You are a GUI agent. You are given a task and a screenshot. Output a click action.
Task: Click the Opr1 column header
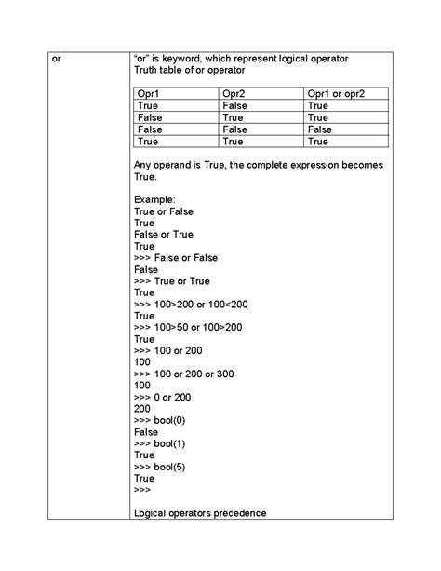click(149, 94)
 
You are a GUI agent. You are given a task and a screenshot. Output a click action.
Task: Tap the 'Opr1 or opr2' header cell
click(335, 94)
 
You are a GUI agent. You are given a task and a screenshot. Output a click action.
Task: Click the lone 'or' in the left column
click(56, 59)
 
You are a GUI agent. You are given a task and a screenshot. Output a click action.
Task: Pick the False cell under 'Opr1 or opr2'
click(319, 130)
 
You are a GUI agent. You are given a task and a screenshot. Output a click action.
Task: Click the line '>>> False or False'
click(176, 258)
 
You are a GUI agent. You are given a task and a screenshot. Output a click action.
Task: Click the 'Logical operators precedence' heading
click(200, 513)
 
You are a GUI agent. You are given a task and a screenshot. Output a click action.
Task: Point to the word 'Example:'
click(154, 200)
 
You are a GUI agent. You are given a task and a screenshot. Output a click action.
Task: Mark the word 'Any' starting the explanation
click(143, 165)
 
